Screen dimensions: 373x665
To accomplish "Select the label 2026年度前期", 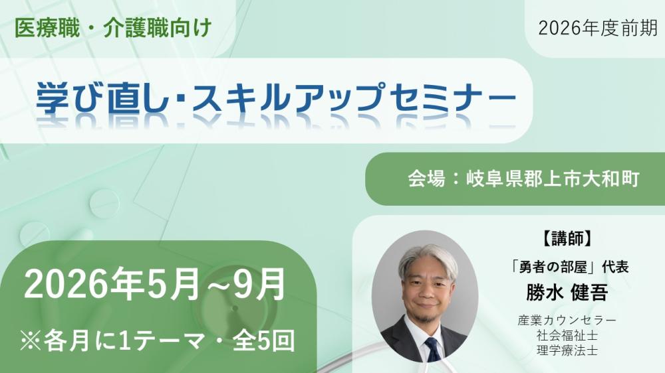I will coord(598,28).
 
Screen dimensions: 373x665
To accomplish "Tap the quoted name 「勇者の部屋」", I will coord(549,267).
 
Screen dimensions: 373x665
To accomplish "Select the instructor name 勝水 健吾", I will coord(566,292).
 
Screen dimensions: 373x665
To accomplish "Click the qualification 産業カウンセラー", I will coord(566,321).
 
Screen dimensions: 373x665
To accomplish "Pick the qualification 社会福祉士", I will coord(566,335).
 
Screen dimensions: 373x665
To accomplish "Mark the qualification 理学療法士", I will coord(566,350).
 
